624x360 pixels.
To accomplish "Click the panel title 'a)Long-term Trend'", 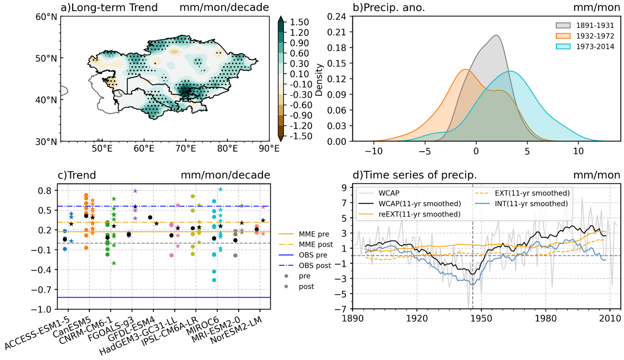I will pos(109,7).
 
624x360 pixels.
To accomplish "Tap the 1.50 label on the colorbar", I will pos(299,22).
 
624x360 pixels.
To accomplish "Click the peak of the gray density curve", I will pos(496,35).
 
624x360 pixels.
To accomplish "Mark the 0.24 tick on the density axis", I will pos(339,17).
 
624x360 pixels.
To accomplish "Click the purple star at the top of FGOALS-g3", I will pos(135,191).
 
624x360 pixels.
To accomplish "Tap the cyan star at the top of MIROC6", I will pos(221,190).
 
